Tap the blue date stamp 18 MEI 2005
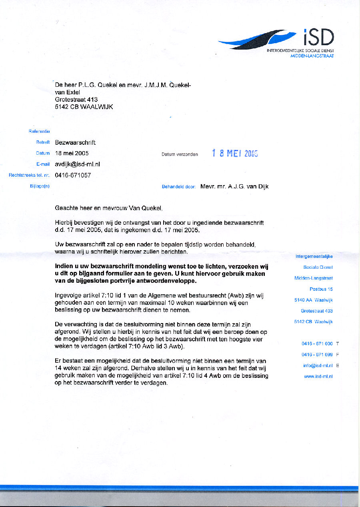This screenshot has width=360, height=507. pos(235,153)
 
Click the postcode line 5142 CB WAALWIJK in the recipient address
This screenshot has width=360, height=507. pos(84,107)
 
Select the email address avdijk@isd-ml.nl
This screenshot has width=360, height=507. pos(78,164)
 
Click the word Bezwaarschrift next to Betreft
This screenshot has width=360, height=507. pos(75,142)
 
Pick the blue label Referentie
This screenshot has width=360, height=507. pos(39,131)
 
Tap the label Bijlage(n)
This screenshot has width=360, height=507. pos(40,186)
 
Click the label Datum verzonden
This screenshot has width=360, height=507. pos(180,154)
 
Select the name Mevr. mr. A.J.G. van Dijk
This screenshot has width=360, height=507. pos(234,186)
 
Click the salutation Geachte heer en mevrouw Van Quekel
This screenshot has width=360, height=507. pos(109,208)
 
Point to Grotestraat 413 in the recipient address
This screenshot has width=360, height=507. pos(76,100)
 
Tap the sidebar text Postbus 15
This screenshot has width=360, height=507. pos(321,289)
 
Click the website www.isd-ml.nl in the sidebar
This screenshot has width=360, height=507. pos(318,376)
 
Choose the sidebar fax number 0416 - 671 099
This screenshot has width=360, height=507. pos(317,355)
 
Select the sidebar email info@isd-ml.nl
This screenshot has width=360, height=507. pos(318,365)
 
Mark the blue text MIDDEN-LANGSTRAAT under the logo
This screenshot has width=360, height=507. pos(312,56)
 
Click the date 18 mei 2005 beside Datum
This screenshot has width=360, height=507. pos(72,153)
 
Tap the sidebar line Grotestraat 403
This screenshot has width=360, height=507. pos(317,311)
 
